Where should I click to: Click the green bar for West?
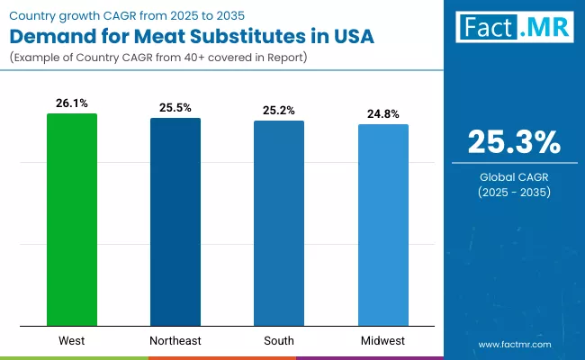tap(72, 220)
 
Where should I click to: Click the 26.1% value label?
tap(72, 103)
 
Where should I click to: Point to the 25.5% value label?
tap(175, 108)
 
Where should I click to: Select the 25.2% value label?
tap(279, 110)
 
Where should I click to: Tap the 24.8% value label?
tap(383, 113)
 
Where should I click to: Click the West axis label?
tap(72, 340)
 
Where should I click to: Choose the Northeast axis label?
tap(175, 340)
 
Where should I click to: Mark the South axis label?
tap(279, 340)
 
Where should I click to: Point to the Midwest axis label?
tap(383, 340)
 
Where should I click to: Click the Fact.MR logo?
tap(514, 28)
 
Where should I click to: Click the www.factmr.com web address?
tap(514, 344)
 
